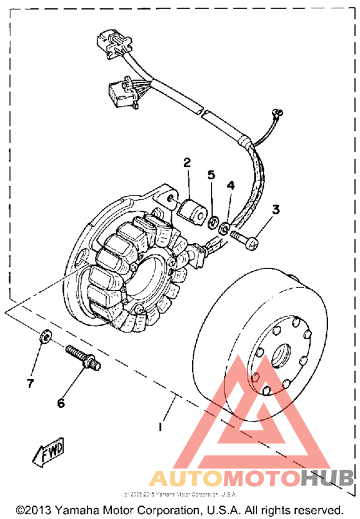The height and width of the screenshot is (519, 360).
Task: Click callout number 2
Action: [187, 163]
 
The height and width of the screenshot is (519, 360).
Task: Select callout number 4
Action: [230, 185]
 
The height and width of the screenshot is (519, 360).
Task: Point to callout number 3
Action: [276, 209]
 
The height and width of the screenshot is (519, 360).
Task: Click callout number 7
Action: [29, 383]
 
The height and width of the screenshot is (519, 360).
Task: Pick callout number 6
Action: [61, 403]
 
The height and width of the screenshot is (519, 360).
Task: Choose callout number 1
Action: [161, 426]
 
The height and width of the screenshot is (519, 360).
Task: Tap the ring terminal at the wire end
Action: [278, 113]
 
